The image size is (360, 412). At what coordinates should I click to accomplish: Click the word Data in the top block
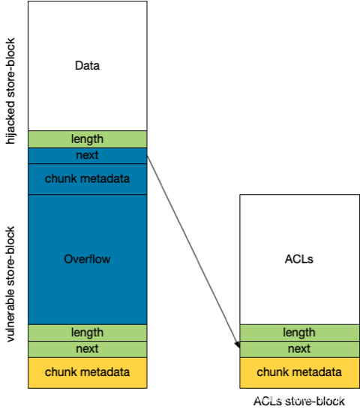coord(87,65)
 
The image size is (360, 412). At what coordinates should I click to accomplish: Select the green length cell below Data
coord(87,139)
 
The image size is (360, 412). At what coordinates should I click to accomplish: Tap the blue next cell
coord(87,156)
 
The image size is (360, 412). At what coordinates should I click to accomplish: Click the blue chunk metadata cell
coord(87,179)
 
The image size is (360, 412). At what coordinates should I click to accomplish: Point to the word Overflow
coord(87,259)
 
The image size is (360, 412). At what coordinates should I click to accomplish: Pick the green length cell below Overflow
coord(87,333)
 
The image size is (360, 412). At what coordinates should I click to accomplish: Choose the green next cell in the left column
coord(87,349)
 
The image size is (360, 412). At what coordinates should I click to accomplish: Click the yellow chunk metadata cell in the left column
coord(87,372)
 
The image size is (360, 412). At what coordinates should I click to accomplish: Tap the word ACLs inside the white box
coord(299,259)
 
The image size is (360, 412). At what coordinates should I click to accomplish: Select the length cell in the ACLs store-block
coord(299,333)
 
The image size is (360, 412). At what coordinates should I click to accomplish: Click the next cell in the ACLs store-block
coord(299,349)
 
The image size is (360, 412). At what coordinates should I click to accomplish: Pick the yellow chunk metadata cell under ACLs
coord(299,372)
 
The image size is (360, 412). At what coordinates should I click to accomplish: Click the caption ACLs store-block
coord(299,402)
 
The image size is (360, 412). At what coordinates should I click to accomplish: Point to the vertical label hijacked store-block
coord(10,91)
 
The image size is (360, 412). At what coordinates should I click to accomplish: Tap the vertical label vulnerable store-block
coord(10,284)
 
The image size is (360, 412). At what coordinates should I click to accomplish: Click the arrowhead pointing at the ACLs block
coord(237,345)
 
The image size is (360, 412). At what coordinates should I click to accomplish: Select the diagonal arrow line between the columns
coord(193,252)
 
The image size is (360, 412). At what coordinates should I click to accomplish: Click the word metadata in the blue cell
coord(105,179)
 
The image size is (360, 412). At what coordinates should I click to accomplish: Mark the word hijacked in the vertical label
coord(10,122)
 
